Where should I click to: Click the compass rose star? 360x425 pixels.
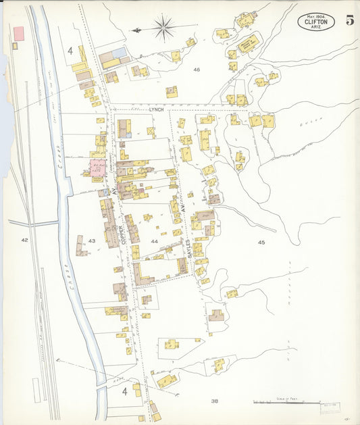tap(163, 28)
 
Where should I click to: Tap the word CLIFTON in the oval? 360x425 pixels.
tap(315, 22)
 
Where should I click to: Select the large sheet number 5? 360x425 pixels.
tap(350, 20)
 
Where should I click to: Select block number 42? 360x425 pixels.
tap(25, 240)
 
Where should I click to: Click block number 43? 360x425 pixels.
tap(92, 241)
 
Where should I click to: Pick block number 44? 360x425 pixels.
tap(155, 241)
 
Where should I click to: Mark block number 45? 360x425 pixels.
tap(261, 241)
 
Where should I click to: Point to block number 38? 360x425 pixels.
tap(214, 401)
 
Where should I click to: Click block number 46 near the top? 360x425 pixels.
tap(197, 70)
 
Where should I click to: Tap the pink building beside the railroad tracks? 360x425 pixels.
tap(19, 32)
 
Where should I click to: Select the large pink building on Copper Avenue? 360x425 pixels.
tap(97, 168)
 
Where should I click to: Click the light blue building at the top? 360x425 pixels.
tap(120, 52)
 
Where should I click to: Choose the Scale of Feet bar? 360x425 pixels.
tap(287, 403)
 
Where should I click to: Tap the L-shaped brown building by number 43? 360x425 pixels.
tap(82, 247)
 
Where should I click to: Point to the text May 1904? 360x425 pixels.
tap(315, 15)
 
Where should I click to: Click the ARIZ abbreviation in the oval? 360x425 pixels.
tap(315, 28)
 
